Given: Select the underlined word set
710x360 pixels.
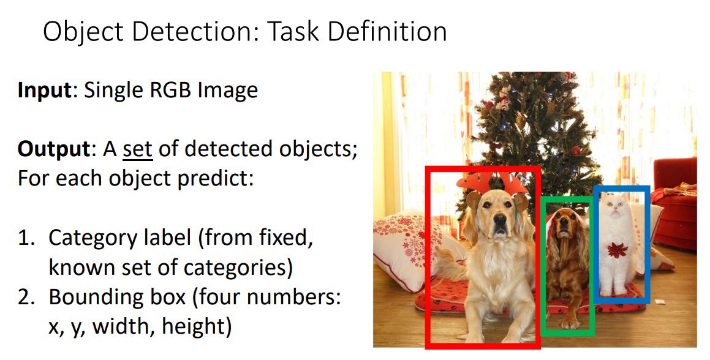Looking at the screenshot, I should pyautogui.click(x=137, y=149).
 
